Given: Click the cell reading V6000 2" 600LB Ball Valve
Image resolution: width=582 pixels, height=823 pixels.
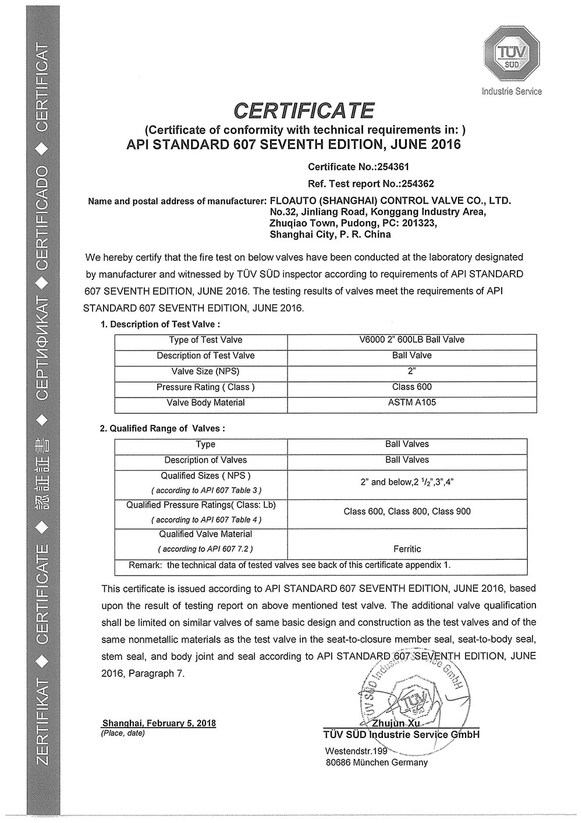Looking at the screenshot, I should click(x=411, y=340).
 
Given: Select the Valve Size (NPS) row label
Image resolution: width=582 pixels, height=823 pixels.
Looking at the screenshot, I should click(x=205, y=371).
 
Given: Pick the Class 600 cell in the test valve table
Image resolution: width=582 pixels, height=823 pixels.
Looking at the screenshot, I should click(x=411, y=387).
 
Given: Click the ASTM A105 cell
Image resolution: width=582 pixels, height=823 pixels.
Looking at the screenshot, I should click(x=411, y=403).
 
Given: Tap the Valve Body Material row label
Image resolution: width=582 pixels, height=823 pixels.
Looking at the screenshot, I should click(x=205, y=403).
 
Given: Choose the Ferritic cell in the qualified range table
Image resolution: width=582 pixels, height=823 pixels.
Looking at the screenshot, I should click(x=407, y=549).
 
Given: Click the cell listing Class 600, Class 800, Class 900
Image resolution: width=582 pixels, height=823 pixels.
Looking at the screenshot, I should click(x=407, y=512).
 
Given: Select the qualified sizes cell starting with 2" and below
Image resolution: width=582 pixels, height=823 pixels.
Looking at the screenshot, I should click(x=407, y=482).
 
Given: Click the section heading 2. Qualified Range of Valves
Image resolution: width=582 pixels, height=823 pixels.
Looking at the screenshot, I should click(x=162, y=428).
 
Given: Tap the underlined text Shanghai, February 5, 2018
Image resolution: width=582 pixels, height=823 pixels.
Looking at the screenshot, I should click(x=159, y=723).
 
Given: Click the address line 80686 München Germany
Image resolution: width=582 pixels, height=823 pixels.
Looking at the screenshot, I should click(x=376, y=762).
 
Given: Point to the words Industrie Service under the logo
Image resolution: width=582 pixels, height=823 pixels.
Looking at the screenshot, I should click(x=512, y=91).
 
